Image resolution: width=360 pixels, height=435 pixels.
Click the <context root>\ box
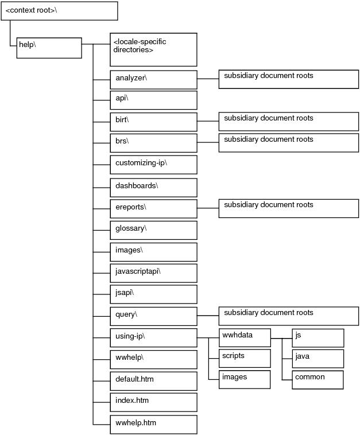point(59,11)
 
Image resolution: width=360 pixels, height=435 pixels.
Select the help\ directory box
point(49,48)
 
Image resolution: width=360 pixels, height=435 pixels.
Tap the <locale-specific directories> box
point(153,50)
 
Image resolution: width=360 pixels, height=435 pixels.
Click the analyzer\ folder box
point(153,80)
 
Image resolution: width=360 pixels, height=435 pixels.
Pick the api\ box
point(153,100)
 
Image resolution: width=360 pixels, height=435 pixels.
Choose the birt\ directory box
point(153,122)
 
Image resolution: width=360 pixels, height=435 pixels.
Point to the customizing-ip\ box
point(153,165)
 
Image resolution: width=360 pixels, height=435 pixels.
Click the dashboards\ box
point(153,188)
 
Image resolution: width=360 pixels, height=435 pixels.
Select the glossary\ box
point(153,230)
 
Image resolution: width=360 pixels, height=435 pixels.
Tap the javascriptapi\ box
point(153,273)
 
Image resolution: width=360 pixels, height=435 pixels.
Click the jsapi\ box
point(153,294)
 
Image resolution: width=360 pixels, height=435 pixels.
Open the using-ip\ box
point(153,338)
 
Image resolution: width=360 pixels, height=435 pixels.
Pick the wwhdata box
point(245,338)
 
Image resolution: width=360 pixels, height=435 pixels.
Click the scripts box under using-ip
point(245,359)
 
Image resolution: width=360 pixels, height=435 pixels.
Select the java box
point(318,359)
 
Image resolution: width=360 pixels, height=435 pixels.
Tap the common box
point(318,380)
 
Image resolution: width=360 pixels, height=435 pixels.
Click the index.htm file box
point(153,402)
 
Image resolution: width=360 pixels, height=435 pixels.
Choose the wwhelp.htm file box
point(153,425)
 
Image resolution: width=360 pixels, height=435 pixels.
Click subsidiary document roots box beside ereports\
point(289,208)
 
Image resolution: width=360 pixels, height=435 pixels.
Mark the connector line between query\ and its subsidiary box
point(208,316)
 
